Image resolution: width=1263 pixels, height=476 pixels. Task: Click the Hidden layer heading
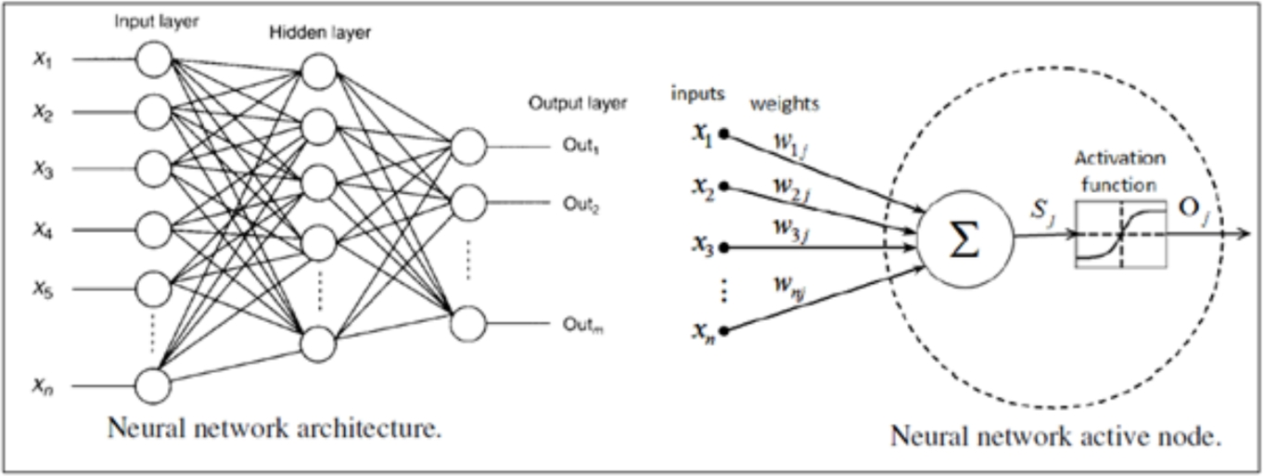[x=317, y=32]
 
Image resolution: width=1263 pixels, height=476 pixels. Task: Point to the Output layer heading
[x=578, y=103]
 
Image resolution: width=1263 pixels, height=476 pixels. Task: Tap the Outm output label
[x=581, y=326]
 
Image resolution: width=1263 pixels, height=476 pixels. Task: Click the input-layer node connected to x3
[x=154, y=170]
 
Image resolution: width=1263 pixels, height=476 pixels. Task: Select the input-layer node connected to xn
[x=154, y=383]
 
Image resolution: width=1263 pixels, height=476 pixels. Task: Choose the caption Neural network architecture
[x=274, y=429]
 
